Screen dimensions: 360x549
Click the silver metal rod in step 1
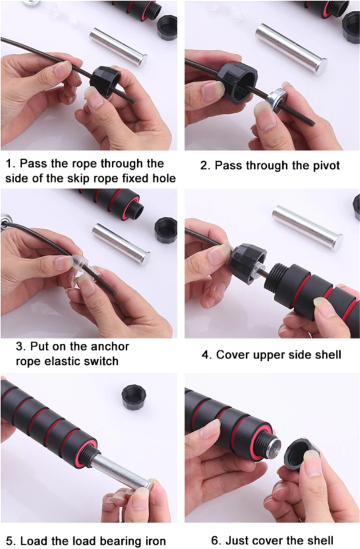[118, 47]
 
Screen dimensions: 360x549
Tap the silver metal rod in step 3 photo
[121, 244]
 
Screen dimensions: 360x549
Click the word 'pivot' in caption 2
[323, 165]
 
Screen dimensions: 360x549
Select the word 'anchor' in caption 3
[110, 347]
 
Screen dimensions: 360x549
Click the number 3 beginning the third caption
[20, 347]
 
